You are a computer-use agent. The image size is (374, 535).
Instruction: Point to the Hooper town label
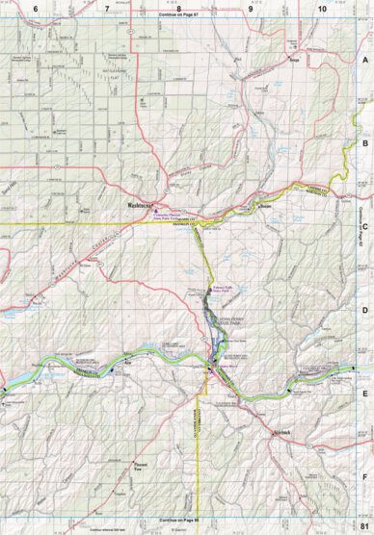point(267,206)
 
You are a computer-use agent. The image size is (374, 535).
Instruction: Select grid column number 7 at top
point(106,9)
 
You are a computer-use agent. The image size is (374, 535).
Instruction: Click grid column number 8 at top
point(178,9)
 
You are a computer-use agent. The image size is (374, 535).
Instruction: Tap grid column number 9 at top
point(250,9)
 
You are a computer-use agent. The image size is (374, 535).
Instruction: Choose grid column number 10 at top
point(321,9)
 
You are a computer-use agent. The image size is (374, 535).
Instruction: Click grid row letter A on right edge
point(364,60)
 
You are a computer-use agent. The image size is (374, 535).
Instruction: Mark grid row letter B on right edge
point(364,143)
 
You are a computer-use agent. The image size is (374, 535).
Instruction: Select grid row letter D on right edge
point(364,310)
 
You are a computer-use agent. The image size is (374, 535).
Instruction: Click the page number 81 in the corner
point(363,525)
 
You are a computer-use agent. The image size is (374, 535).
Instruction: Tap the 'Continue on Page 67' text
point(180,17)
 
